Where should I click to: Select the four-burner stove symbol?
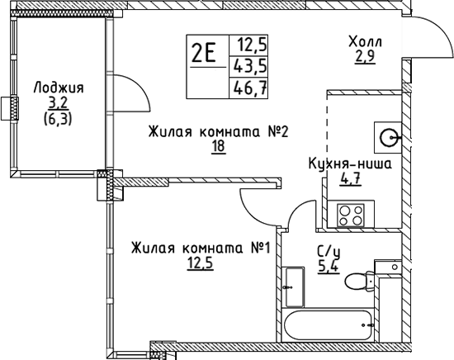pos(351,215)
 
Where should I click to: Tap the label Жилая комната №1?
pos(201,249)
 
